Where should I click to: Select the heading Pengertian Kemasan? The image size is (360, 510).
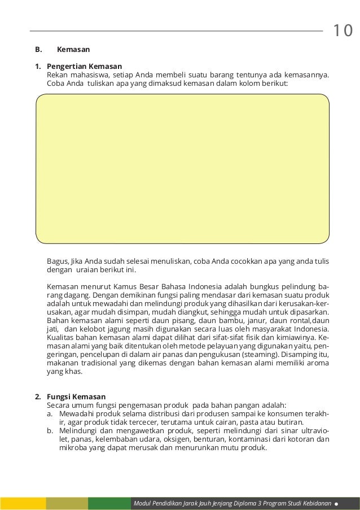coord(84,66)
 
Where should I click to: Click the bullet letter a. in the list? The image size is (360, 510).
coord(51,414)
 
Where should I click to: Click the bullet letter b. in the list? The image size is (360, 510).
coord(51,431)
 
